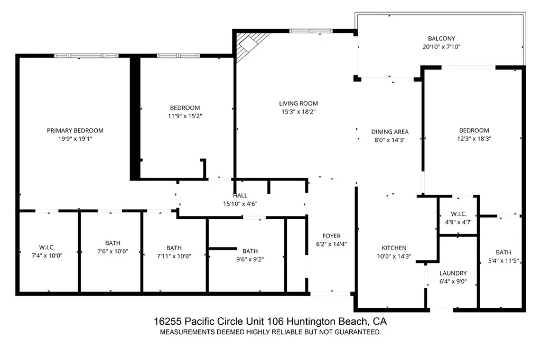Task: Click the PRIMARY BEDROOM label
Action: pyautogui.click(x=75, y=130)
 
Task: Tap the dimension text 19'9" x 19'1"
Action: pyautogui.click(x=75, y=139)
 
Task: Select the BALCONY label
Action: pyautogui.click(x=441, y=39)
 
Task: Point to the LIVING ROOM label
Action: pyautogui.click(x=299, y=103)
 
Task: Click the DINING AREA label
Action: pyautogui.click(x=390, y=132)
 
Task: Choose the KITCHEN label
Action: pyautogui.click(x=394, y=248)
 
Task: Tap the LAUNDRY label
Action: pyautogui.click(x=453, y=273)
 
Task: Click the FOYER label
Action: pyautogui.click(x=331, y=236)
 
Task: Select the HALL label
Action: pyautogui.click(x=240, y=196)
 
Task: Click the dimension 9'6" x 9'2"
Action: pyautogui.click(x=250, y=259)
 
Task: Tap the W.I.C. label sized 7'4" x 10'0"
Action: pyautogui.click(x=47, y=248)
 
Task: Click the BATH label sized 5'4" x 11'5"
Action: pyautogui.click(x=503, y=252)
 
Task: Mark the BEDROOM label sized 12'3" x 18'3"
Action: pyautogui.click(x=473, y=130)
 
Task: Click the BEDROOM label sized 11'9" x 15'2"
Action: pyautogui.click(x=184, y=108)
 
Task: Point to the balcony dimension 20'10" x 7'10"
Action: pyautogui.click(x=441, y=46)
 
